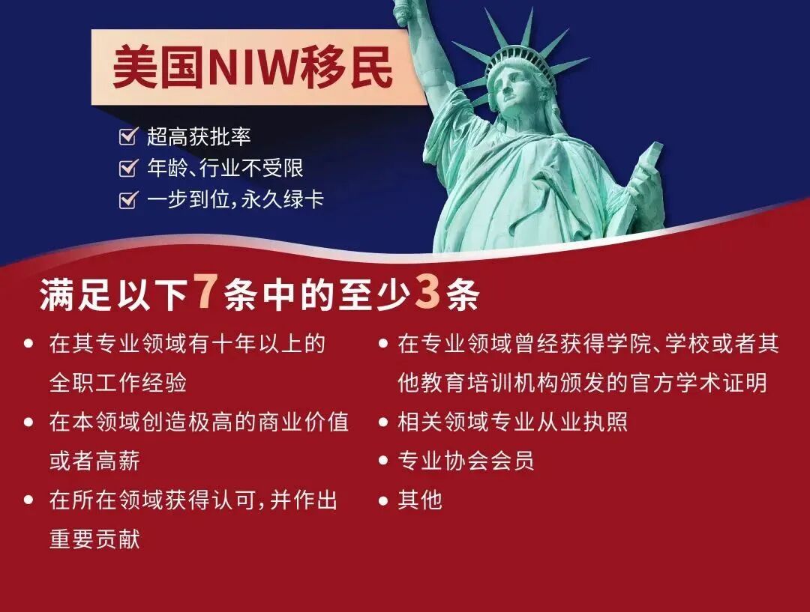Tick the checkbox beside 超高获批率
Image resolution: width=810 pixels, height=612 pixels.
[128, 136]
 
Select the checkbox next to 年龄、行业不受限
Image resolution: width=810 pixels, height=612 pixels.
[128, 169]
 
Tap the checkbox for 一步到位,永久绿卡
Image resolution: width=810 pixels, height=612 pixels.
[128, 200]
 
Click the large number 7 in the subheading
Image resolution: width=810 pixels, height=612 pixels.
[204, 294]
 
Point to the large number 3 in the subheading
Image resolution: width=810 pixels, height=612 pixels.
[426, 294]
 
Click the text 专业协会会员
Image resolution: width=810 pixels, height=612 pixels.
[466, 460]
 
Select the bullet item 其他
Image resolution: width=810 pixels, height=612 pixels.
[420, 500]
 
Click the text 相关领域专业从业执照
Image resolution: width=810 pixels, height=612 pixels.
[512, 422]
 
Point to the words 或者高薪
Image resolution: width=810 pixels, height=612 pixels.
[94, 461]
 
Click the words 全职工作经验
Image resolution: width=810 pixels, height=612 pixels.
[118, 384]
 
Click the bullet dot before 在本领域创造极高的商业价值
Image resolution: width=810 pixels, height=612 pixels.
[29, 422]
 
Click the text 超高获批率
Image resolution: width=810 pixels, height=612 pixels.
[199, 136]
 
